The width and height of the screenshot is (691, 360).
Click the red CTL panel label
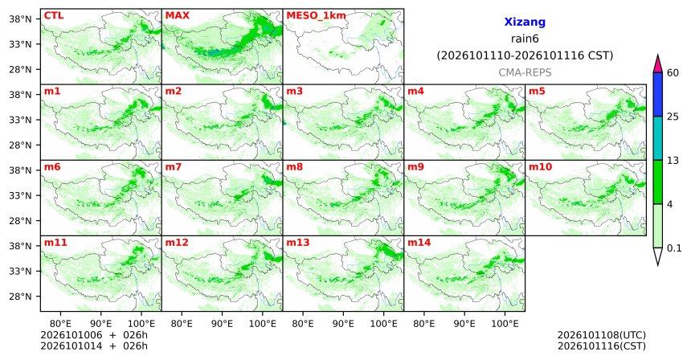(54, 15)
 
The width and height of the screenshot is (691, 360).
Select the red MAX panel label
(177, 15)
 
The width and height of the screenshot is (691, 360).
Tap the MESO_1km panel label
(316, 16)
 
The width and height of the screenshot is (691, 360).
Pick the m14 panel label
(419, 243)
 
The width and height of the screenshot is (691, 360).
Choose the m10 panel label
(540, 167)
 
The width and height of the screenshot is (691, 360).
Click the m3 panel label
(294, 92)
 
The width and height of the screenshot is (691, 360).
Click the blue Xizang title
(525, 22)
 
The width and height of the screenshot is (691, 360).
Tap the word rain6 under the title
(525, 39)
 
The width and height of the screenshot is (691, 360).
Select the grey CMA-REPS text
(525, 72)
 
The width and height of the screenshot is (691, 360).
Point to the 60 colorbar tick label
(673, 72)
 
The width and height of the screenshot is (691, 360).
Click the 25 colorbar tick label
(673, 117)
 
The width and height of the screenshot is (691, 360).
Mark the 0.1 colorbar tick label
(674, 248)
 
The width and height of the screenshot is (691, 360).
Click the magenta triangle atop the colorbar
(658, 64)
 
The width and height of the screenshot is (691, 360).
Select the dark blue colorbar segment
(658, 94)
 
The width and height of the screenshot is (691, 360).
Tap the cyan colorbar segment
(658, 138)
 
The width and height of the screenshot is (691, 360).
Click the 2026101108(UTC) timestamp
(602, 336)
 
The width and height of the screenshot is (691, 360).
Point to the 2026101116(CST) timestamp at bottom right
(602, 346)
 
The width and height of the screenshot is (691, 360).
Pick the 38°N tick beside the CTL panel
(20, 19)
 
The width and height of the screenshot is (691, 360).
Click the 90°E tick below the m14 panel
(464, 324)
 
